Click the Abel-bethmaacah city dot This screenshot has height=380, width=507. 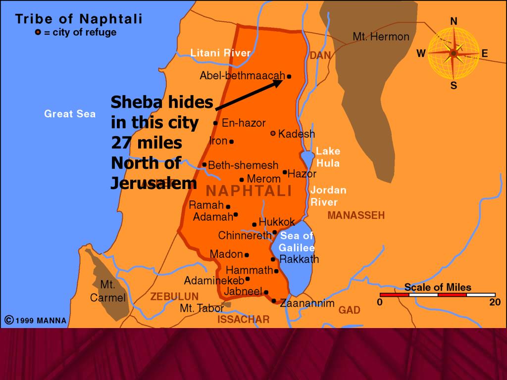coord(289,77)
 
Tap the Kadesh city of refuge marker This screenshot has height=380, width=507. coord(273,134)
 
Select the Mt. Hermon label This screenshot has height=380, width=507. coord(381,37)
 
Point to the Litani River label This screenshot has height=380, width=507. coord(220,53)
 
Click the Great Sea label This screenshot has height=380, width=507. coord(70,114)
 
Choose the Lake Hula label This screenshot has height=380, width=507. coord(328,157)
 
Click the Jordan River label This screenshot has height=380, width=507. coord(328,196)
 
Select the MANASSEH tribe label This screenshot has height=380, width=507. coord(355,215)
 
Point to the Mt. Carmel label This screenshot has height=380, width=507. coord(107,291)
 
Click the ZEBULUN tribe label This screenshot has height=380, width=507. coord(174,296)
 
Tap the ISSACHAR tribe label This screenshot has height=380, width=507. coord(244,320)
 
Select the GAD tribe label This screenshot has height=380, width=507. coord(349,310)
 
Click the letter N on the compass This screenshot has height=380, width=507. coord(454,21)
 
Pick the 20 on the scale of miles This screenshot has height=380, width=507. coord(495,302)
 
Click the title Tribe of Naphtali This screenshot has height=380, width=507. coord(79,19)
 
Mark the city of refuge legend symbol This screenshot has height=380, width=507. coord(38,33)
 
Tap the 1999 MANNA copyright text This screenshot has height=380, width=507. coord(35,320)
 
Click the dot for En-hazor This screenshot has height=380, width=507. coord(215,123)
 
